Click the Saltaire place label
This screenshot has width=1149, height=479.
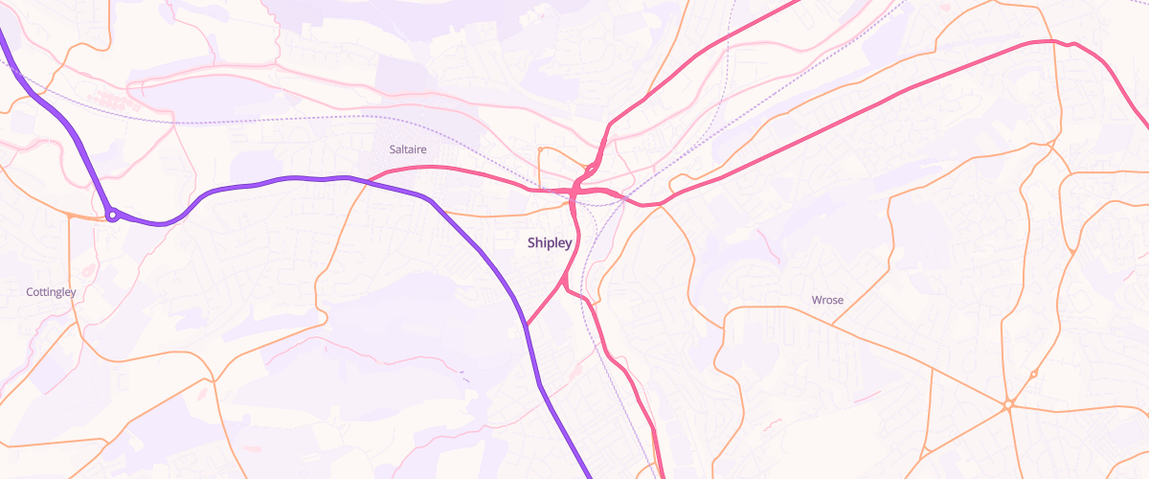click(x=408, y=149)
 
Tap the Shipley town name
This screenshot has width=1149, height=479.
click(x=550, y=243)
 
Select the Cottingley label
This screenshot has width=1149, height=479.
click(x=51, y=291)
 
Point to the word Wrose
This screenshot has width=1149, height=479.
click(x=827, y=300)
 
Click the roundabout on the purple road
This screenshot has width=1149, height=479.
click(x=112, y=215)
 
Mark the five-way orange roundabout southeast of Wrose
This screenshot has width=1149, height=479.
click(x=1008, y=405)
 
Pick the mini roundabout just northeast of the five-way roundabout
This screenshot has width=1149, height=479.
click(x=1033, y=374)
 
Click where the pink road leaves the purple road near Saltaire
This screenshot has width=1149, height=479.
click(x=369, y=180)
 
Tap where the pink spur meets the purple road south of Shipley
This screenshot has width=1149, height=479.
click(x=527, y=326)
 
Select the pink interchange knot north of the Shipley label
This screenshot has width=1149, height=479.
click(x=580, y=187)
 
